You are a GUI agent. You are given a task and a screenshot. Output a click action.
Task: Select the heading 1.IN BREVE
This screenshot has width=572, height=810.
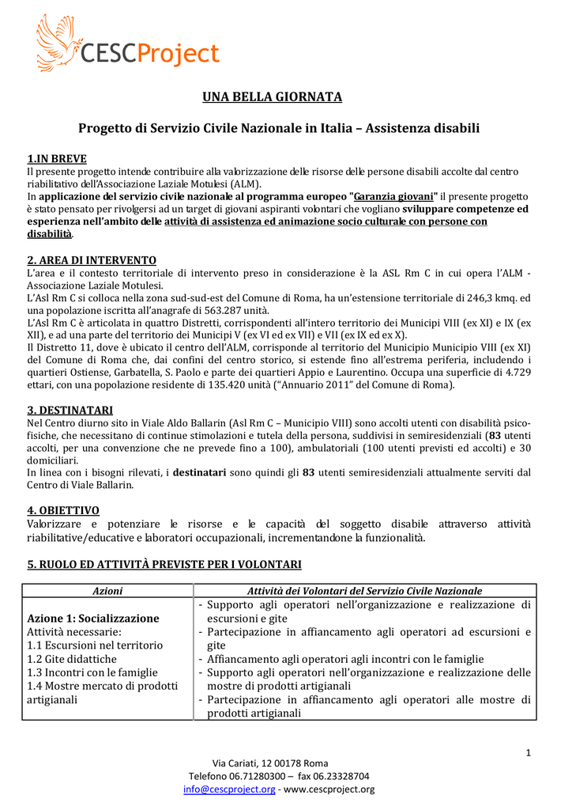point(57,158)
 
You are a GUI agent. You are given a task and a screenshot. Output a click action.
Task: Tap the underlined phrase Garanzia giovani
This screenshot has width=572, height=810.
point(395,196)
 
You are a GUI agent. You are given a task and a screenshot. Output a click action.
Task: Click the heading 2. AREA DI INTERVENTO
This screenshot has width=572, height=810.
point(92,260)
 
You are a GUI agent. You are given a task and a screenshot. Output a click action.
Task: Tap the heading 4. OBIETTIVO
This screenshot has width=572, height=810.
point(63,510)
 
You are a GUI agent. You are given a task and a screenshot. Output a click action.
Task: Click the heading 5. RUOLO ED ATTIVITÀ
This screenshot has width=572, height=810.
point(164,564)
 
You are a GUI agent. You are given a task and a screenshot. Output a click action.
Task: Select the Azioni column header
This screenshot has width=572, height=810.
point(107,591)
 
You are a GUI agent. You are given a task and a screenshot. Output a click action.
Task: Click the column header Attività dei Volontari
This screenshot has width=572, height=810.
point(364,591)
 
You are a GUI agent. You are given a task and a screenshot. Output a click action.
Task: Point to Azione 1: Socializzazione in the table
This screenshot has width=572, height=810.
point(93,618)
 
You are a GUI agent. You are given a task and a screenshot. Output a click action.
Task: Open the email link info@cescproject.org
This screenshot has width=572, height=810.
point(230,789)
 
